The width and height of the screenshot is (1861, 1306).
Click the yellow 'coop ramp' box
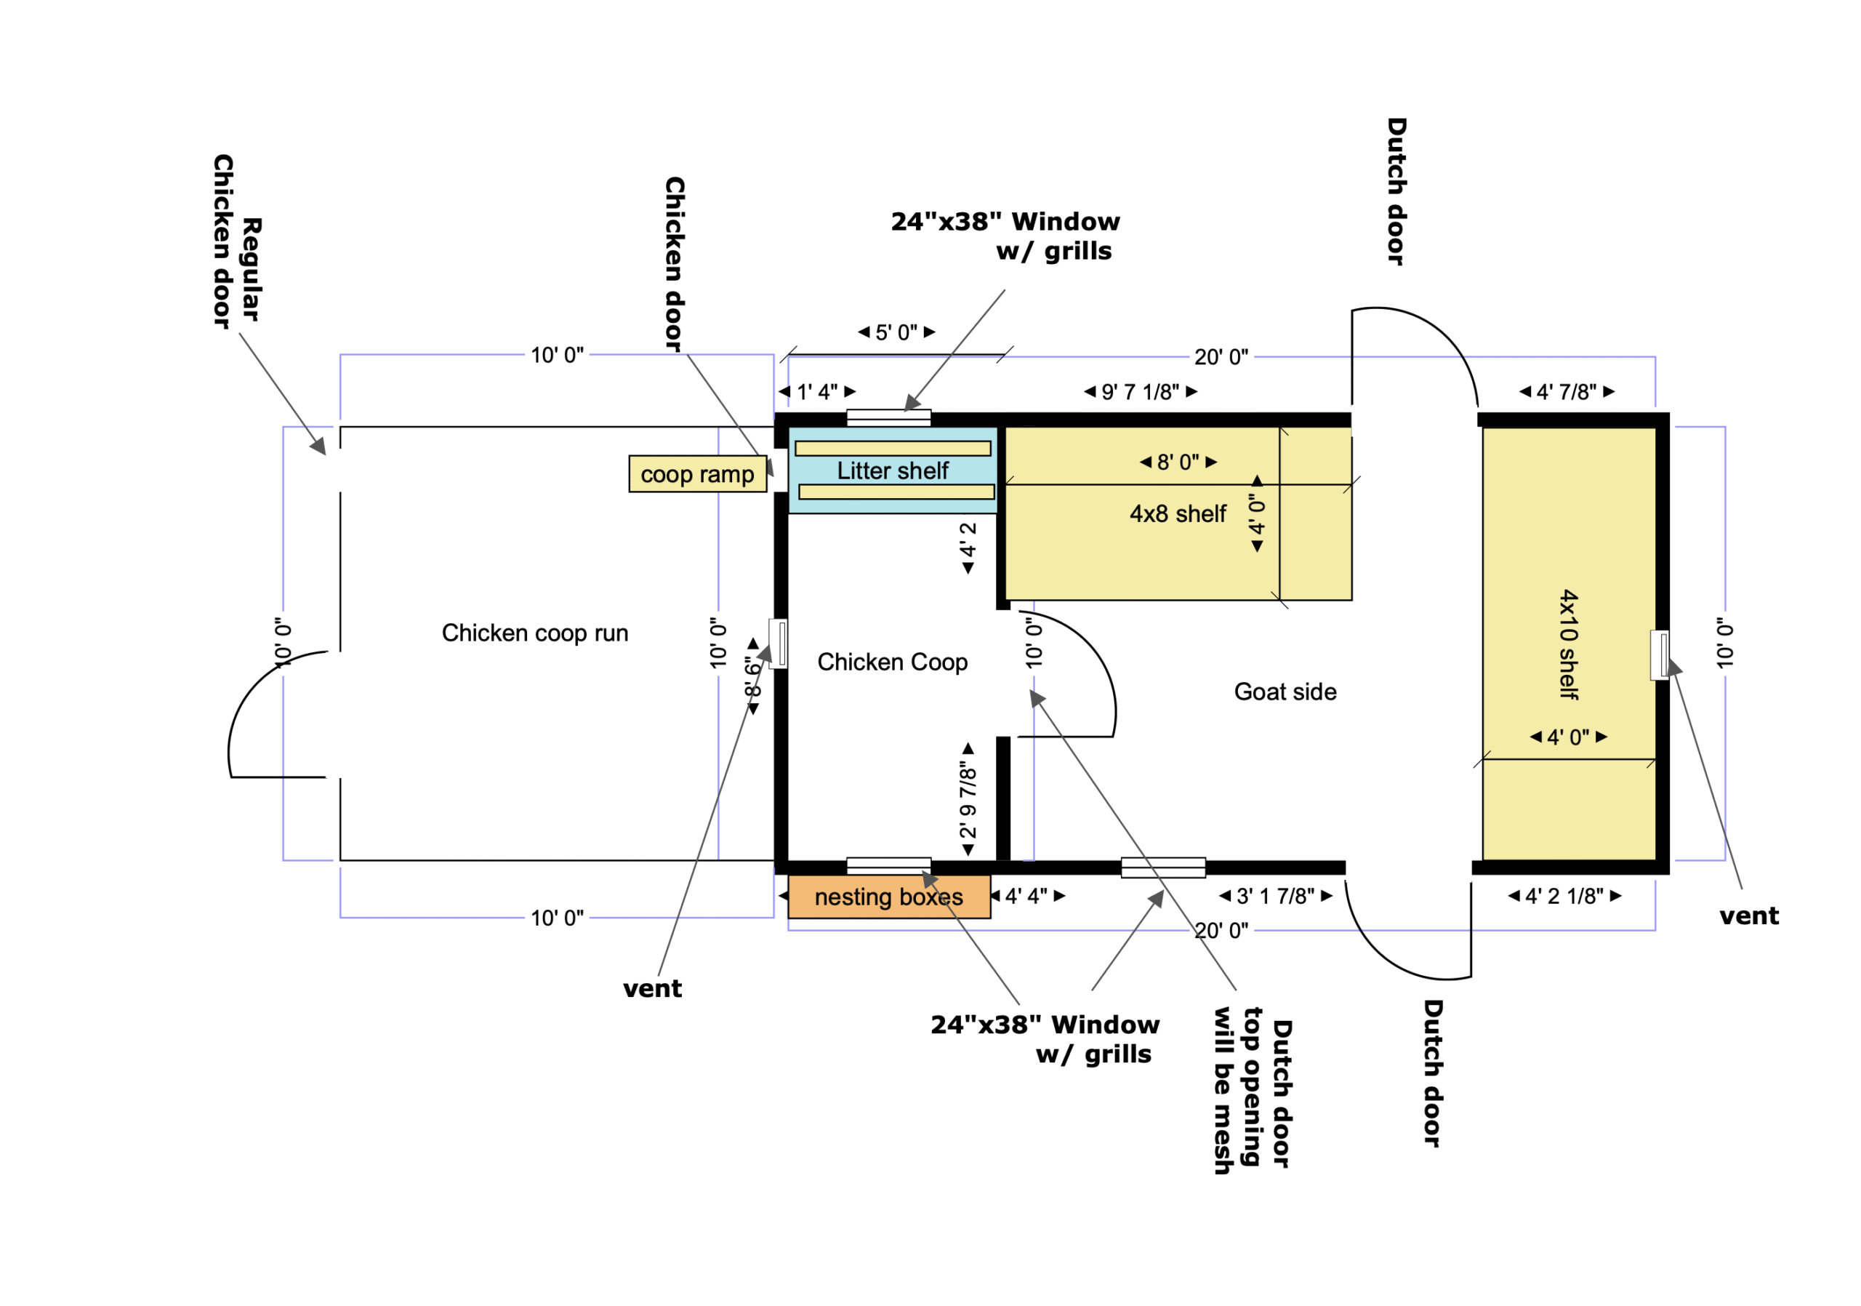click(698, 474)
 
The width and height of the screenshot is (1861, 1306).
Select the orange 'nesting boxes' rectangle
click(889, 897)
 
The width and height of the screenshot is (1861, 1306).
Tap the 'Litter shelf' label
click(893, 471)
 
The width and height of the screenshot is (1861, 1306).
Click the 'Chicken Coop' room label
click(893, 662)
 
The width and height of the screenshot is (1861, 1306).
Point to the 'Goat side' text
click(1285, 692)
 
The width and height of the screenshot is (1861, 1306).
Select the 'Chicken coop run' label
click(535, 633)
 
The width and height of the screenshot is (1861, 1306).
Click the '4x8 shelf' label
click(1178, 514)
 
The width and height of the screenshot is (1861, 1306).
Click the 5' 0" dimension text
click(896, 332)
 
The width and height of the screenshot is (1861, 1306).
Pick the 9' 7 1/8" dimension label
click(1141, 393)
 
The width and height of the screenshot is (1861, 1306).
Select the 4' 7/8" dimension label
click(1567, 393)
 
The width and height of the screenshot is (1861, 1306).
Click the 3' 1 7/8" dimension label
click(1276, 897)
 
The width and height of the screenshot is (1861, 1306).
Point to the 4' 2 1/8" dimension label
click(1564, 897)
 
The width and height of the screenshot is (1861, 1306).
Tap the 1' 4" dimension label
click(817, 393)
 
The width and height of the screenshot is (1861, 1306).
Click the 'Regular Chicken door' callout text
click(237, 241)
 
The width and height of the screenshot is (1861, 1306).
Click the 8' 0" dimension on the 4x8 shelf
click(1178, 462)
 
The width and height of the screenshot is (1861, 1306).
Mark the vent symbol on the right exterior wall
click(1659, 655)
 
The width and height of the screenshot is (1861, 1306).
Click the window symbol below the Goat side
click(1163, 868)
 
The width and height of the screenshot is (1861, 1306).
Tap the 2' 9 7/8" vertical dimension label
click(968, 799)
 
